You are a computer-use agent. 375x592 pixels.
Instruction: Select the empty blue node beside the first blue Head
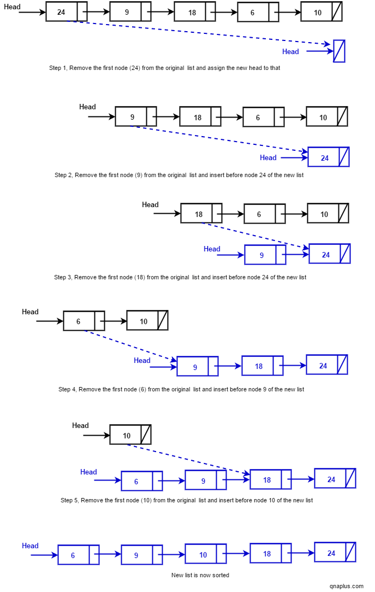[339, 51]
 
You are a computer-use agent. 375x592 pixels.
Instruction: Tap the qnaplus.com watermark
[346, 585]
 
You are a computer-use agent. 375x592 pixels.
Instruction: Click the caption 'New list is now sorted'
[200, 575]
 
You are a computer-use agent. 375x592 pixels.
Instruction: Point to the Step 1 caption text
[164, 68]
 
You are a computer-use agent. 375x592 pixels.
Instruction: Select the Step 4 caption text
[181, 389]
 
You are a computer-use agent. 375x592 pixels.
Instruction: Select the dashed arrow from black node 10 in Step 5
[186, 458]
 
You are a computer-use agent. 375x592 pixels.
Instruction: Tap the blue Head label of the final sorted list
[30, 546]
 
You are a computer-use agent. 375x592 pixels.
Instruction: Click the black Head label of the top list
[11, 7]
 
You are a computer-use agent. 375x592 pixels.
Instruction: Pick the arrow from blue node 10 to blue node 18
[238, 554]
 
